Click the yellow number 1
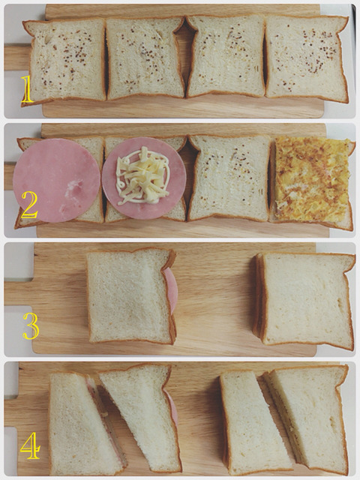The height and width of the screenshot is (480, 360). pos(27,89)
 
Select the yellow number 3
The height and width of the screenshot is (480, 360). pos(31,325)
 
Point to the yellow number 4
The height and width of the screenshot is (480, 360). pos(30,445)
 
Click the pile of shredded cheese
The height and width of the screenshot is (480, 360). pos(142,175)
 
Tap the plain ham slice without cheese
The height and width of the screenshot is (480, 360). pos(57,180)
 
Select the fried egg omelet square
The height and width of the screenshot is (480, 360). pos(313,178)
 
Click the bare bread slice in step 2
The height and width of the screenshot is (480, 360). pos(229,178)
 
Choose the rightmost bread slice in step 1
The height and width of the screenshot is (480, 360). pos(307,58)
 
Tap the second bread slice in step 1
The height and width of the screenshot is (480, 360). pos(145,58)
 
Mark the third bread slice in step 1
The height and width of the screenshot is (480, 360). pos(226,56)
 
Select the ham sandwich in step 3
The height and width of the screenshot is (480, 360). pos(131,296)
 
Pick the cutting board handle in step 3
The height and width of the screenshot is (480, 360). pos(19,293)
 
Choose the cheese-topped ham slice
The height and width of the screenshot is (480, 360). pos(144,178)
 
